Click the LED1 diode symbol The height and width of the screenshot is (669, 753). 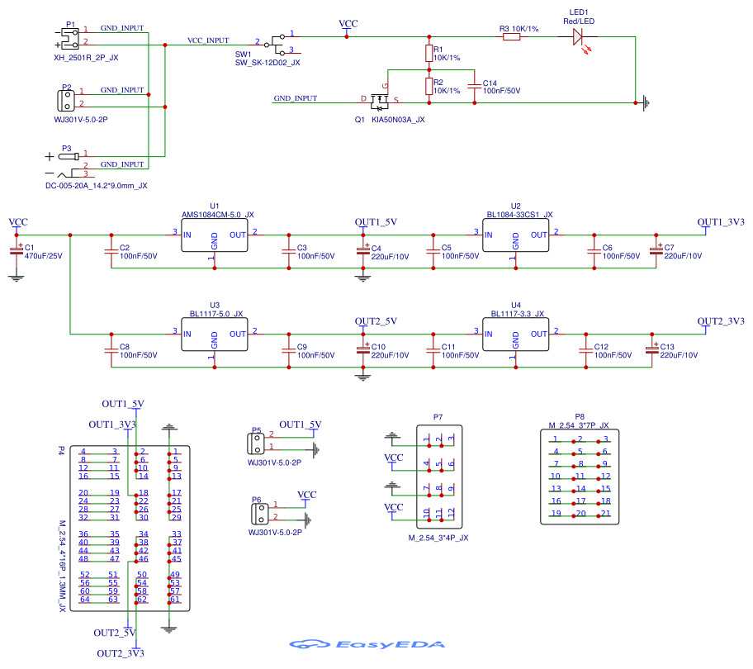point(578,36)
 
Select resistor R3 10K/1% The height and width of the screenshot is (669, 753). point(511,36)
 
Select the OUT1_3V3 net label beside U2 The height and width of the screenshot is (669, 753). point(721,223)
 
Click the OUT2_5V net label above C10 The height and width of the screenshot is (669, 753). point(376,321)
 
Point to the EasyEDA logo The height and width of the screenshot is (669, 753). point(367,644)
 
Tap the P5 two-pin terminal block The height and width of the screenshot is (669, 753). point(256,442)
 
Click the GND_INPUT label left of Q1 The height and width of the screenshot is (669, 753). point(295,98)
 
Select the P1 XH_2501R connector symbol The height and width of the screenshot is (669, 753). point(68,36)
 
